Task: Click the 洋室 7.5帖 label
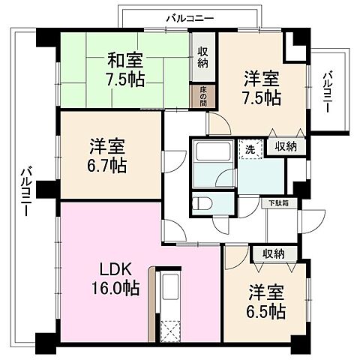point(262,86)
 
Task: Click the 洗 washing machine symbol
point(250,148)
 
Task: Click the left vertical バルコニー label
point(22,191)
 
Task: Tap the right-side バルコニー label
point(328,92)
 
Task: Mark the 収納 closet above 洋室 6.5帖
point(273,254)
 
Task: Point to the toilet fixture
point(200,203)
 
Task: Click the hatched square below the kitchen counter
point(171,331)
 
